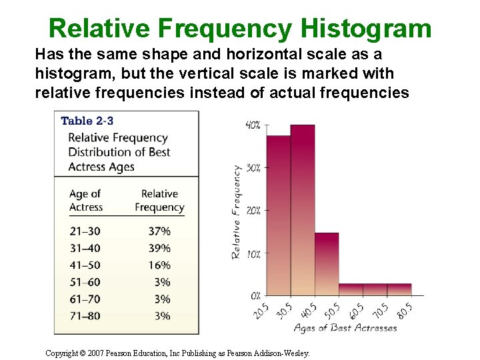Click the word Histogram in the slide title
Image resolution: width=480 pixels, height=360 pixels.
click(366, 29)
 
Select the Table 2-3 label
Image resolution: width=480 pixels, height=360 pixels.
click(88, 121)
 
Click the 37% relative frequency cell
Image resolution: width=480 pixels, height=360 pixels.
click(159, 231)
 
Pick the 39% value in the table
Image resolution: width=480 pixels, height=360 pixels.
click(159, 248)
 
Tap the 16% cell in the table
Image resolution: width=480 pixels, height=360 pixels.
click(159, 265)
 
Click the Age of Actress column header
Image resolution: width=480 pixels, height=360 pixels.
click(86, 200)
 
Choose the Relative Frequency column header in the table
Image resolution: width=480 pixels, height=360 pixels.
click(159, 200)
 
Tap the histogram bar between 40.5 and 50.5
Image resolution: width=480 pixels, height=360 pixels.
click(327, 264)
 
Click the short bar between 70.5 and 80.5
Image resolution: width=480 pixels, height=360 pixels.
click(399, 289)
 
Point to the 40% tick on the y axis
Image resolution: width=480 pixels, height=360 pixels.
click(253, 125)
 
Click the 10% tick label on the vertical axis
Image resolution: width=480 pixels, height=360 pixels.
click(253, 253)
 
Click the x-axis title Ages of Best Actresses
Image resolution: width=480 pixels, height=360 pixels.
click(345, 328)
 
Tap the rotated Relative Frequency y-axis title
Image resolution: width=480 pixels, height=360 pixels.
click(236, 212)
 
